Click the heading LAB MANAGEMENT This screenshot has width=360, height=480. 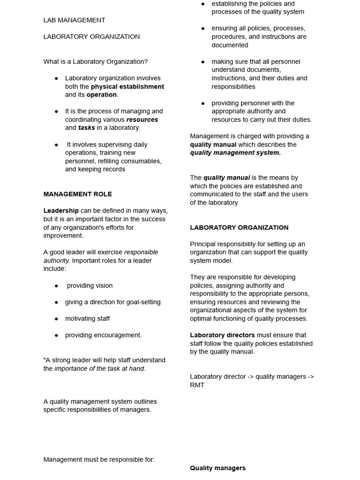(x=74, y=20)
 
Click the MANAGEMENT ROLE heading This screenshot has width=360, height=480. (x=77, y=194)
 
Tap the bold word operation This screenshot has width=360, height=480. (x=101, y=95)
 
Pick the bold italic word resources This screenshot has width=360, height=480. (x=142, y=120)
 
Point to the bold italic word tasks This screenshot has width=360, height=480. (x=86, y=127)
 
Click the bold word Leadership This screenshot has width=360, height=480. (x=61, y=211)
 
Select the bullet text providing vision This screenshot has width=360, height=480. (x=90, y=285)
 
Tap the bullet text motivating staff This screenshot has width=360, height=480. (x=87, y=319)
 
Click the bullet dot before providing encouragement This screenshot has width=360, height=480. (x=56, y=335)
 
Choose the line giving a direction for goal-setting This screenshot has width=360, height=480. (x=112, y=302)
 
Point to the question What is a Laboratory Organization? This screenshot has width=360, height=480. (x=95, y=62)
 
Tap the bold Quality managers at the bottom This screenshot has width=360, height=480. (x=217, y=468)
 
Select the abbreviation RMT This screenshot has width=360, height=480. (x=197, y=385)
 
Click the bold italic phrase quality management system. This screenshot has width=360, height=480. (x=235, y=153)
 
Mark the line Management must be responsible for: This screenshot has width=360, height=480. (x=99, y=459)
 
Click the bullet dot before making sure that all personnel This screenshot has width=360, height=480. (x=203, y=62)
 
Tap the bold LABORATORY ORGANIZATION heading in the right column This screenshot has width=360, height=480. (x=239, y=227)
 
